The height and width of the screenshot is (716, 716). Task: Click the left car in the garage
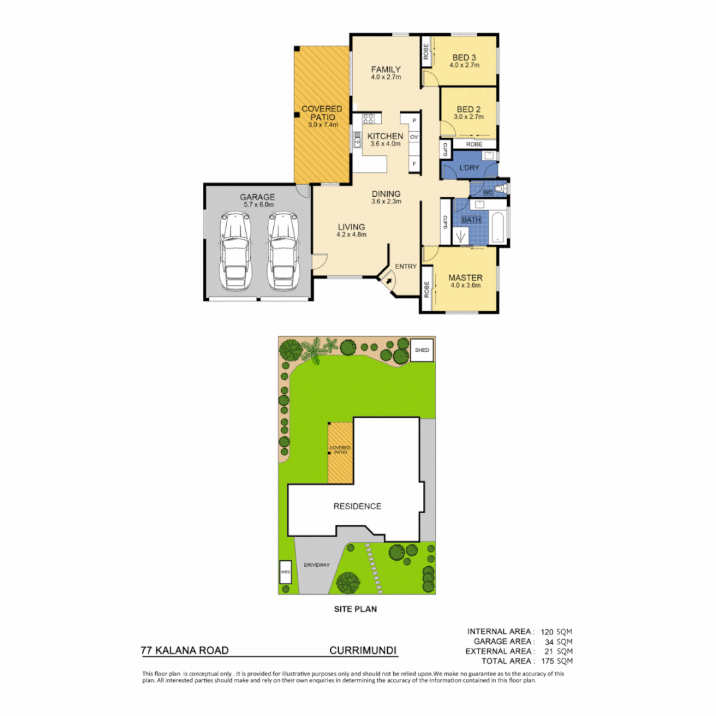(x=236, y=251)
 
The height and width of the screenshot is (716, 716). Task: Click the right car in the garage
(x=282, y=251)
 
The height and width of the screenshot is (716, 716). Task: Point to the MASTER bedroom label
(x=465, y=278)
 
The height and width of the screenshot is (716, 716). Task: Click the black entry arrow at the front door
(x=388, y=281)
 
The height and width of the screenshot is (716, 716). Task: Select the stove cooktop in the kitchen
(x=369, y=120)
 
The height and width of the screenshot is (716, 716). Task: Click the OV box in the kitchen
(x=414, y=137)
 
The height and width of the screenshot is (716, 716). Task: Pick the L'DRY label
(x=469, y=169)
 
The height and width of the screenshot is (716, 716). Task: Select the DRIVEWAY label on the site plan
(x=317, y=566)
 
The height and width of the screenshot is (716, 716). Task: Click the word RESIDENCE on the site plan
(x=357, y=507)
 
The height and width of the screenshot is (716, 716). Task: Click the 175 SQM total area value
(x=556, y=661)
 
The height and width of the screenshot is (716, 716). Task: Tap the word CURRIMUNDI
(x=363, y=651)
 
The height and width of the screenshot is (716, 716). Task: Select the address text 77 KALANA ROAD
(x=185, y=651)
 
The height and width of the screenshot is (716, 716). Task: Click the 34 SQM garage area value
(x=558, y=641)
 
